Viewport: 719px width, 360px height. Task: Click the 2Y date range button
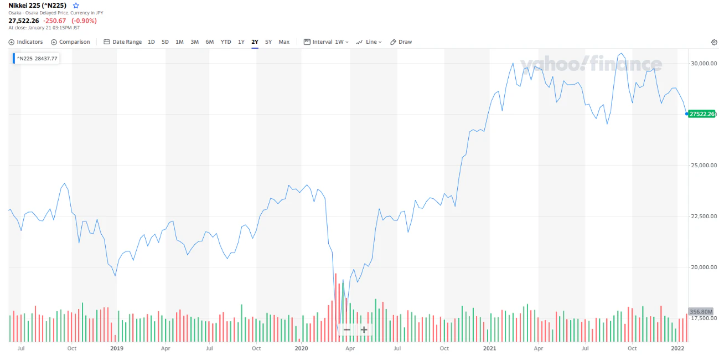coord(255,42)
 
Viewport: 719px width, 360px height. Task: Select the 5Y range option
coord(268,42)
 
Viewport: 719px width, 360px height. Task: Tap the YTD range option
coord(226,42)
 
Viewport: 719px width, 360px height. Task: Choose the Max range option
coord(284,42)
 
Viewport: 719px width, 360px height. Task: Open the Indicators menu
coord(25,42)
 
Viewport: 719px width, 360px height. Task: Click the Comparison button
coord(70,42)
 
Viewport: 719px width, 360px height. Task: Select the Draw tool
coord(401,42)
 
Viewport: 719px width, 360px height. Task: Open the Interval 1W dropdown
coord(326,42)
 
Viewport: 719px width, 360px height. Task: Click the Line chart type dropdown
coord(369,42)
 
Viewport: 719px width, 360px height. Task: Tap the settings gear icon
coord(714,42)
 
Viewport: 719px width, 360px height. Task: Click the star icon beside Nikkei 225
coord(76,6)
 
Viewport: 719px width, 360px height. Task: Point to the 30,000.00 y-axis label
coord(704,63)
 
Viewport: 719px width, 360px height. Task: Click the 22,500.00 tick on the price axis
coord(704,216)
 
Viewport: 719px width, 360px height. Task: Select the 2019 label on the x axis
coord(117,348)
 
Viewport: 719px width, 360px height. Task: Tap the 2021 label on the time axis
coord(489,348)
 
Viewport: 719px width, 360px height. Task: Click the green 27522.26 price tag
coord(701,114)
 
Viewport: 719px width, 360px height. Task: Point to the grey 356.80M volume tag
coord(701,311)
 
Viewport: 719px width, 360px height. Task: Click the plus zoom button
coord(364,330)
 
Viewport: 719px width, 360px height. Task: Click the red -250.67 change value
coord(54,21)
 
